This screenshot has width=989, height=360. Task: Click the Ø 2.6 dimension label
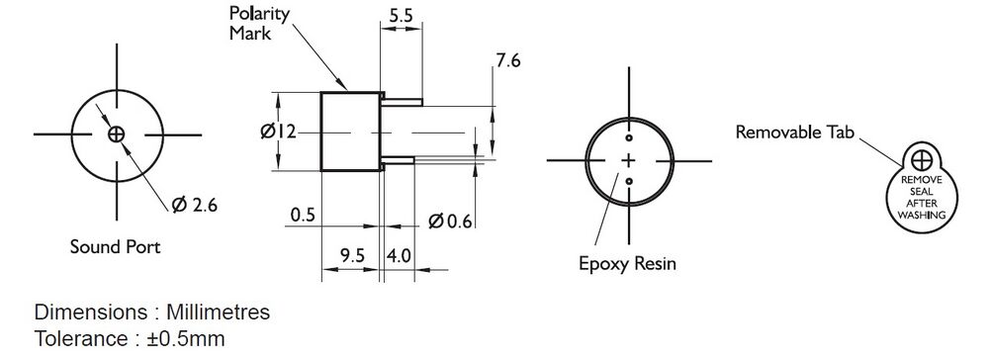click(x=194, y=205)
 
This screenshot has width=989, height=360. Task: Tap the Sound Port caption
click(x=115, y=246)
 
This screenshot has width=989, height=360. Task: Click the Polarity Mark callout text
click(x=258, y=24)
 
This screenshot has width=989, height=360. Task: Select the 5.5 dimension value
click(x=401, y=16)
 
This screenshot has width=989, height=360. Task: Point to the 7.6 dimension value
click(x=507, y=61)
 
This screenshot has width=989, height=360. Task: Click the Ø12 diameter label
click(x=278, y=132)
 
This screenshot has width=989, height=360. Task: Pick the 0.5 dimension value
click(x=302, y=216)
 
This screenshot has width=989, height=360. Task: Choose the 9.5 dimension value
click(x=353, y=255)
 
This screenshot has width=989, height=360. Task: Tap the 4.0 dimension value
click(x=399, y=255)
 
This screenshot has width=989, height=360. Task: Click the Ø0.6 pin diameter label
click(x=450, y=222)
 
